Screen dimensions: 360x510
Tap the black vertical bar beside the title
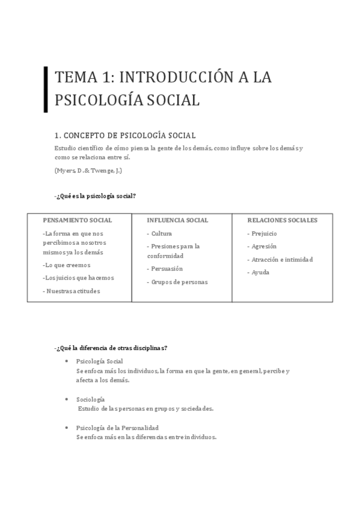[x=46, y=89]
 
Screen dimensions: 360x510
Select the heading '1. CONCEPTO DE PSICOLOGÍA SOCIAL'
[x=125, y=135]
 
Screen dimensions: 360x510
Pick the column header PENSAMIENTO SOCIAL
[x=78, y=220]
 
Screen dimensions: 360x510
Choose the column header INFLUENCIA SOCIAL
[x=177, y=220]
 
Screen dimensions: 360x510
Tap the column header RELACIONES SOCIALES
[x=282, y=220]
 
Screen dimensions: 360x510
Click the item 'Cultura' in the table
[x=162, y=233]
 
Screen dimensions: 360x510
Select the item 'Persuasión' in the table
[x=166, y=269]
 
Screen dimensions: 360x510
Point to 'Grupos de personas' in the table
[x=179, y=282]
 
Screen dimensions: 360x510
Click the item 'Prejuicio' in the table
[x=264, y=233]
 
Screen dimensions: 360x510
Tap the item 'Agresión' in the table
[x=264, y=247]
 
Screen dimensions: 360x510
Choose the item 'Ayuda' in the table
[x=260, y=272]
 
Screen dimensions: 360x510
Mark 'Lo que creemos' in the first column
[x=67, y=265]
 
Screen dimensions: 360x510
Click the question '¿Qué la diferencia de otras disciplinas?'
[x=111, y=348]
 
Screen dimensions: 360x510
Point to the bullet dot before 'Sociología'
[x=65, y=399]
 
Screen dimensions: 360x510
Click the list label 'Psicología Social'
[x=99, y=361]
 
